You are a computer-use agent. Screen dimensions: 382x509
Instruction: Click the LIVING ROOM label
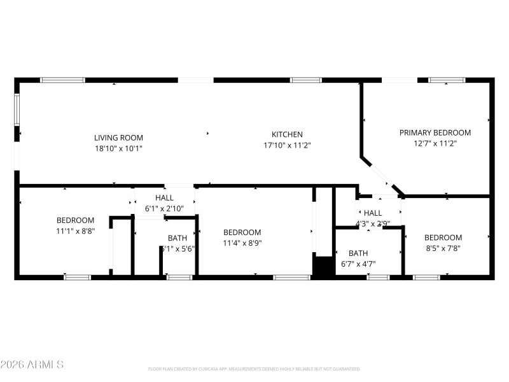pyautogui.click(x=118, y=138)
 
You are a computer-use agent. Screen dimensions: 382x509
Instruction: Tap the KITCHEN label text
pyautogui.click(x=287, y=134)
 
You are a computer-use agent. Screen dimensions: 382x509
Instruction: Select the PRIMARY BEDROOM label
pyautogui.click(x=435, y=132)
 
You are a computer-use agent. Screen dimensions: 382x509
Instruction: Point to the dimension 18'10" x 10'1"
pyautogui.click(x=118, y=148)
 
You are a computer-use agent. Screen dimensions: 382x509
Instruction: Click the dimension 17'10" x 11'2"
pyautogui.click(x=287, y=145)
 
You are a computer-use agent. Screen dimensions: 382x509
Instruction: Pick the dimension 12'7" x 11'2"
pyautogui.click(x=435, y=143)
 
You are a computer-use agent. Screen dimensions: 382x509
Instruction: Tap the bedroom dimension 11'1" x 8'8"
pyautogui.click(x=75, y=231)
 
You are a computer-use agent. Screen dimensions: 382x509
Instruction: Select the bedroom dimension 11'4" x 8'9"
pyautogui.click(x=242, y=243)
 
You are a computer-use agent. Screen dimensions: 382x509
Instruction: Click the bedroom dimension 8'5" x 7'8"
pyautogui.click(x=443, y=248)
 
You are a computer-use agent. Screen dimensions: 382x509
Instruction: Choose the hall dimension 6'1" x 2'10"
pyautogui.click(x=164, y=208)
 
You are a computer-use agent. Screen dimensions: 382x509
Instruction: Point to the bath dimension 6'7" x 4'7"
pyautogui.click(x=358, y=264)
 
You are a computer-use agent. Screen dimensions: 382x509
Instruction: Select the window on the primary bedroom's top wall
pyautogui.click(x=447, y=80)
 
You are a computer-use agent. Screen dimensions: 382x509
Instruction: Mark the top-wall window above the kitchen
pyautogui.click(x=306, y=80)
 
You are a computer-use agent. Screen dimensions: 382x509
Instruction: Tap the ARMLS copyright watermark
pyautogui.click(x=32, y=365)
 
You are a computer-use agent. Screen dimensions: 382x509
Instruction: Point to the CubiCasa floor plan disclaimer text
pyautogui.click(x=254, y=369)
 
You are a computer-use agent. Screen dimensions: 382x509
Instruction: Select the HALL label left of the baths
pyautogui.click(x=164, y=198)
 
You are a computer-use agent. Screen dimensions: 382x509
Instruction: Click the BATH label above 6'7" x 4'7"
pyautogui.click(x=358, y=253)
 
